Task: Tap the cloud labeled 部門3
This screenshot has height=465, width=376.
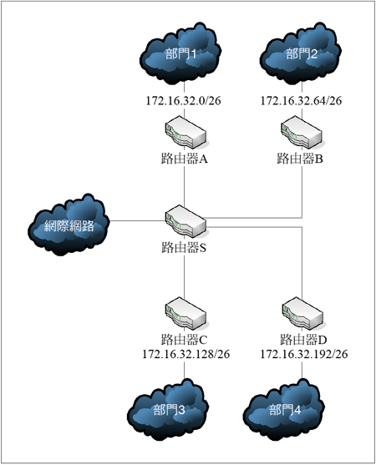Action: [x=168, y=410]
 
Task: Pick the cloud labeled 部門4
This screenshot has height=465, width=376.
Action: [x=284, y=410]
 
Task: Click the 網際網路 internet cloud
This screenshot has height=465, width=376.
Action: [x=69, y=225]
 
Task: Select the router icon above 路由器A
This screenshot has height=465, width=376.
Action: [x=185, y=132]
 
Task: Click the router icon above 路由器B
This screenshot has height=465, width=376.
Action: [x=301, y=132]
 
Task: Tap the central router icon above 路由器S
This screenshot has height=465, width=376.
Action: [x=185, y=221]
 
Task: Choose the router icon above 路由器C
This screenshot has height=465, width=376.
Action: [x=185, y=313]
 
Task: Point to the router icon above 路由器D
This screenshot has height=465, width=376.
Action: [x=302, y=313]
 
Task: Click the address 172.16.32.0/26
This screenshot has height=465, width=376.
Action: [x=183, y=101]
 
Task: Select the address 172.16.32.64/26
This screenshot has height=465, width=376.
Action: [x=301, y=101]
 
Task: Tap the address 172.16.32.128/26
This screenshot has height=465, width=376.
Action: [x=186, y=354]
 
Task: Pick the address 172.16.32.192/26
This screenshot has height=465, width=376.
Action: [x=304, y=354]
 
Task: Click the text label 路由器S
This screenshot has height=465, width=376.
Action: [x=184, y=247]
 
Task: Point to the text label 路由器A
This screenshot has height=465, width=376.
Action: [x=185, y=159]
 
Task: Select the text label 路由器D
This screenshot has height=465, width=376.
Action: [x=303, y=340]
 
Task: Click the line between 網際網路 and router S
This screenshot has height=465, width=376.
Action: [x=137, y=220]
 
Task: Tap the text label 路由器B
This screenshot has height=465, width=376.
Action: [x=300, y=159]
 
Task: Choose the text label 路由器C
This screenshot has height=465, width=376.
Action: [x=184, y=340]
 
